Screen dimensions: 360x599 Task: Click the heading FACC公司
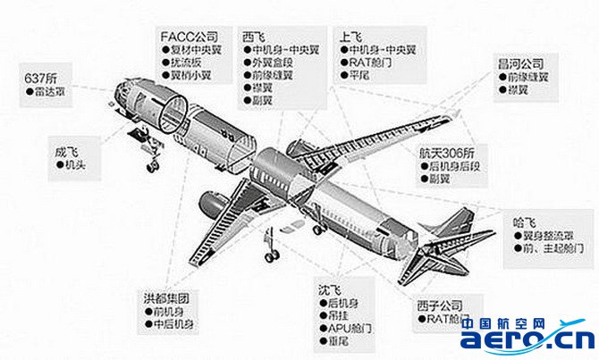pyautogui.click(x=188, y=36)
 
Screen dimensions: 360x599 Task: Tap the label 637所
pyautogui.click(x=41, y=78)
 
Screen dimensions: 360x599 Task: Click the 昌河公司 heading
pyautogui.click(x=526, y=64)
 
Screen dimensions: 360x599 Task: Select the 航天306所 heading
pyautogui.click(x=446, y=153)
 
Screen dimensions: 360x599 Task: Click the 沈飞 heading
pyautogui.click(x=329, y=290)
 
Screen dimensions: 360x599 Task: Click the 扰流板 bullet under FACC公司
pyautogui.click(x=191, y=63)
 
